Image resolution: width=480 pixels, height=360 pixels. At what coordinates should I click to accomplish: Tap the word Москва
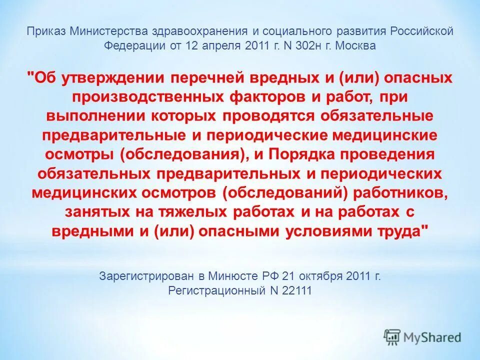click(x=354, y=45)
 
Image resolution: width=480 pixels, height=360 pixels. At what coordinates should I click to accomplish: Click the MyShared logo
click(x=422, y=336)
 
